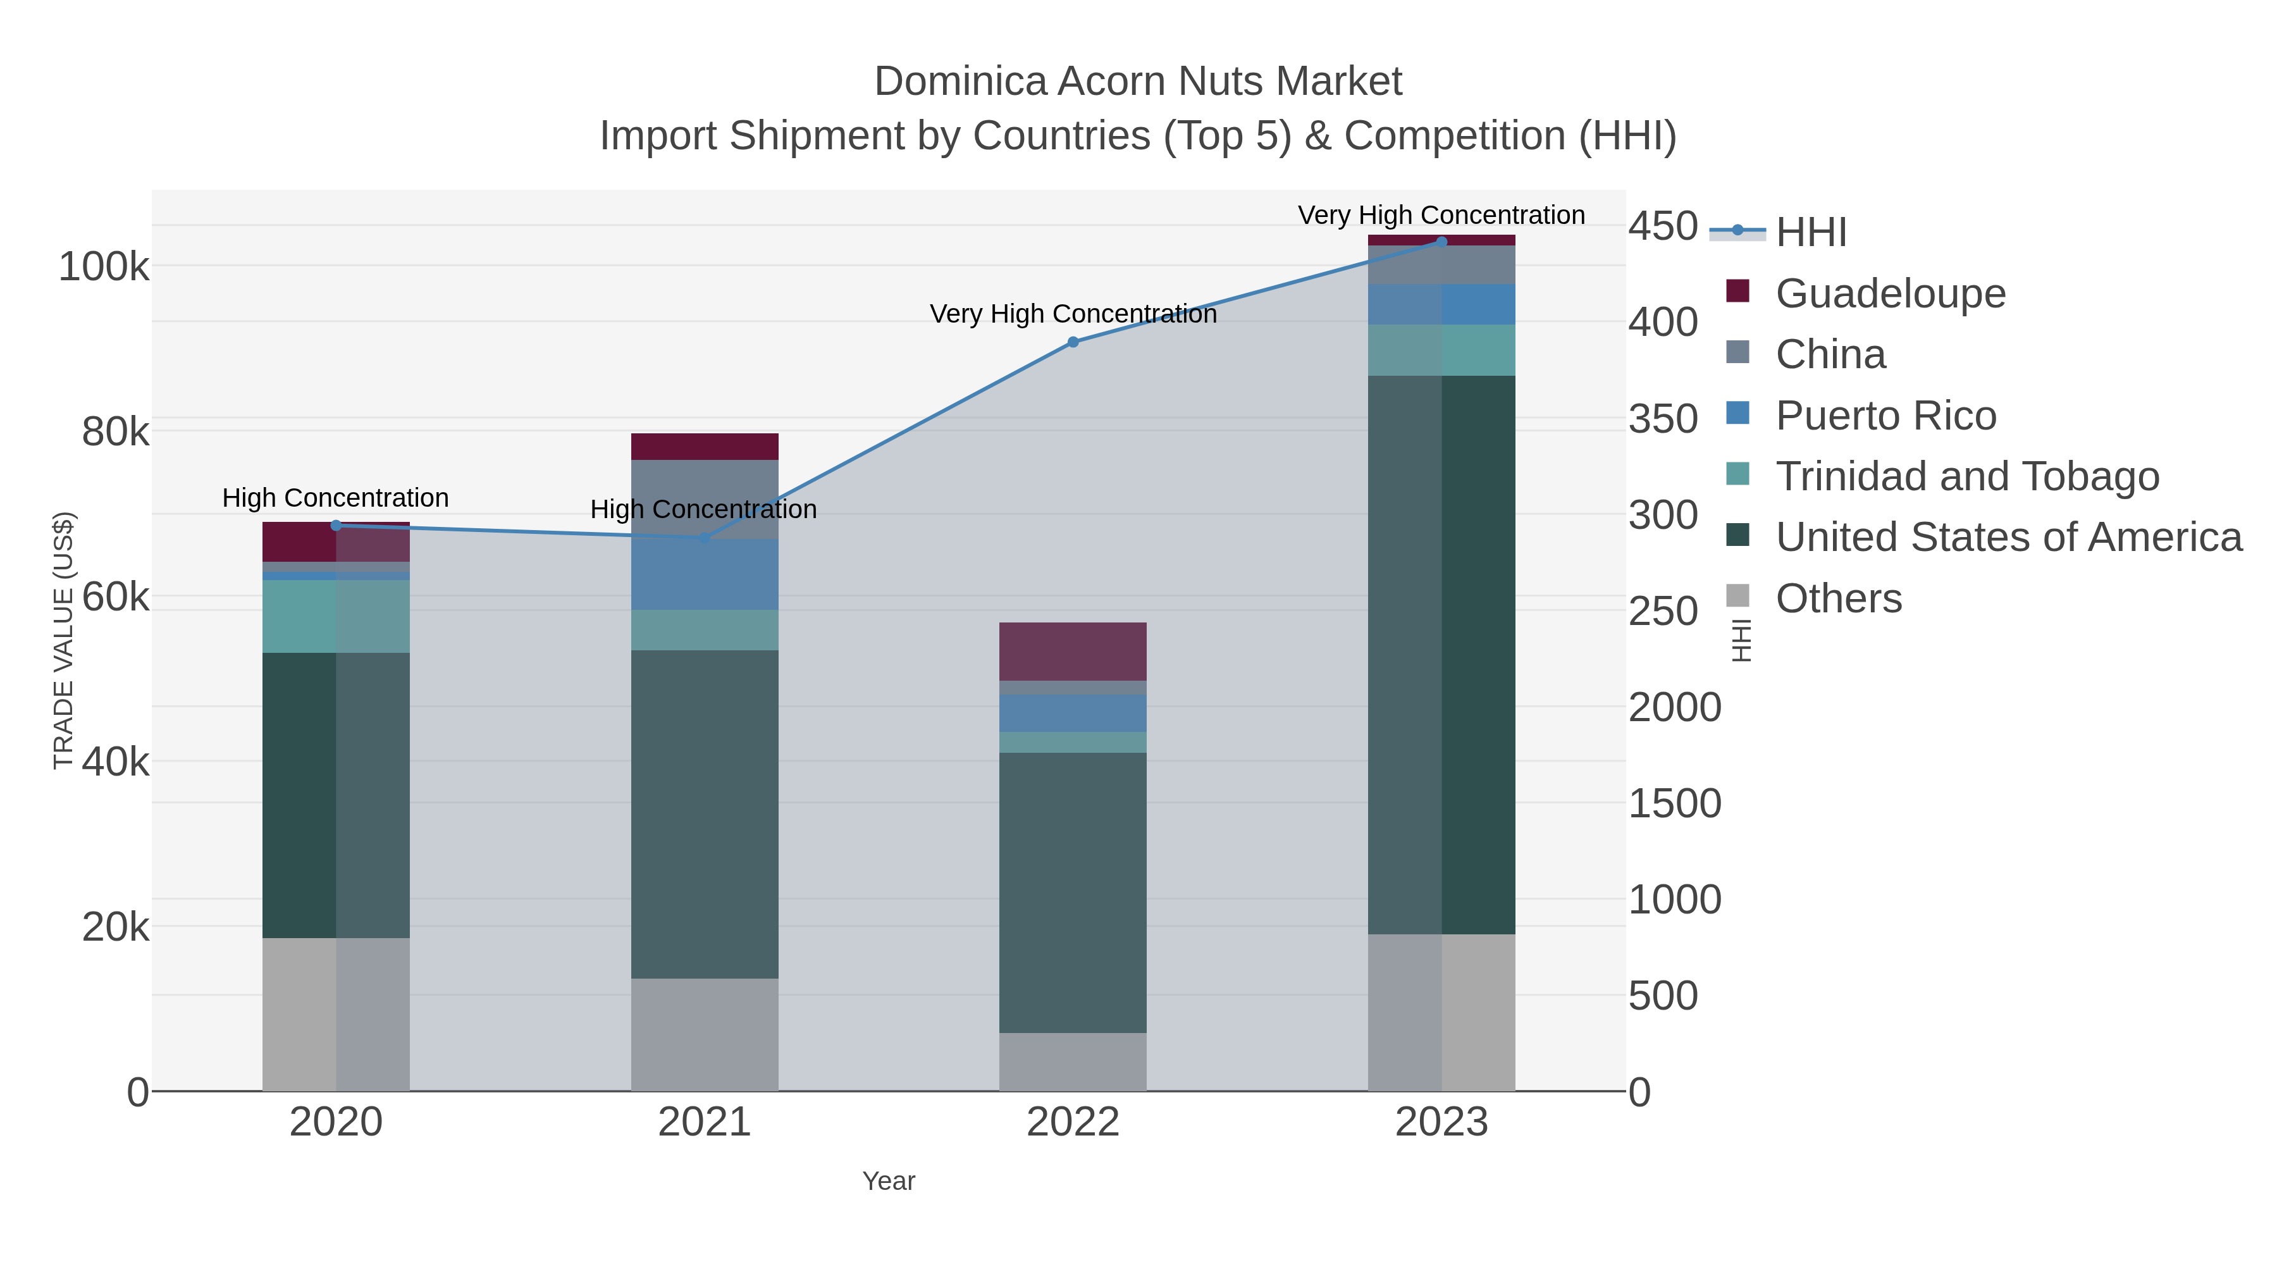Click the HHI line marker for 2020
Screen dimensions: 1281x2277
pyautogui.click(x=336, y=525)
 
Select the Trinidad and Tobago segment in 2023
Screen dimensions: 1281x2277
pyautogui.click(x=1441, y=350)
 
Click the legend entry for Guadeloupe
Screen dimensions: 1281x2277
pyautogui.click(x=1890, y=294)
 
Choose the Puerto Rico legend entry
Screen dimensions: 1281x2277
pyautogui.click(x=1885, y=416)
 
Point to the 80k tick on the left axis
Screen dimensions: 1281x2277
pyautogui.click(x=116, y=432)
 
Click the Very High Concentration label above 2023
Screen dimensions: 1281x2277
pyautogui.click(x=1441, y=215)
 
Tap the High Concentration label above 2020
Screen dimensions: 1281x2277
pyautogui.click(x=336, y=498)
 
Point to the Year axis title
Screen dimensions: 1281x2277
pyautogui.click(x=889, y=1181)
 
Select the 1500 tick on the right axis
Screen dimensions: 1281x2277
pyautogui.click(x=1674, y=803)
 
